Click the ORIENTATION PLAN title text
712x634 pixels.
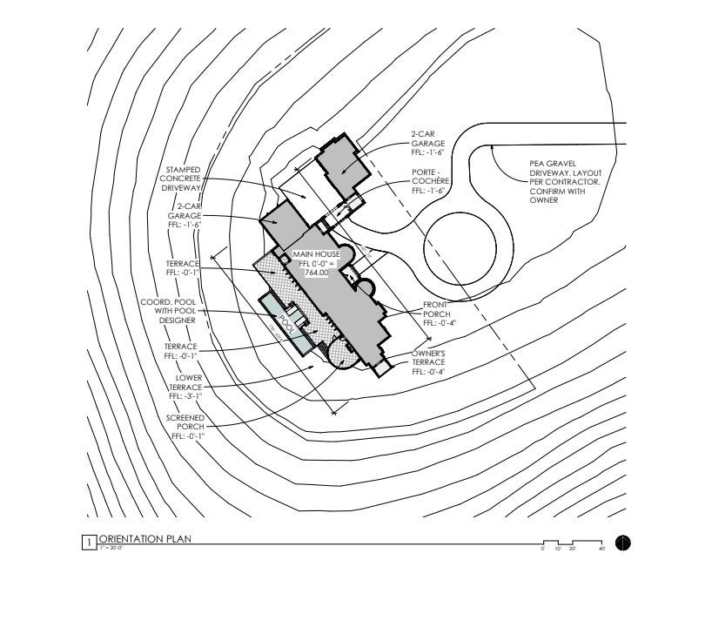point(144,539)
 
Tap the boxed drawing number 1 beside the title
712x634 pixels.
point(88,543)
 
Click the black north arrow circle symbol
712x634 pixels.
point(622,543)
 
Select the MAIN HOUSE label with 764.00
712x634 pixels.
point(316,263)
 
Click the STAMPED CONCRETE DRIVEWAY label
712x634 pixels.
point(180,179)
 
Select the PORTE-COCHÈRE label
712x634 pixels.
point(430,181)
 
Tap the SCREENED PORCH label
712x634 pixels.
point(185,427)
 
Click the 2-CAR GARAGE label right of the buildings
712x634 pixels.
point(428,143)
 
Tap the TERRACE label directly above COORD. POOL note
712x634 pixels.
point(183,267)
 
